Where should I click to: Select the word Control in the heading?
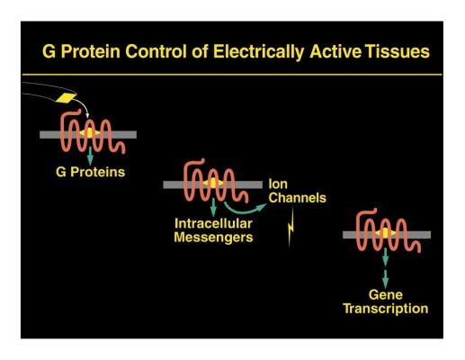pyautogui.click(x=156, y=51)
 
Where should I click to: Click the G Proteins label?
pyautogui.click(x=90, y=172)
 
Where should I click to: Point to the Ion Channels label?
pyautogui.click(x=297, y=191)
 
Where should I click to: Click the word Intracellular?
pyautogui.click(x=213, y=223)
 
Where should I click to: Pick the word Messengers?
pyautogui.click(x=213, y=238)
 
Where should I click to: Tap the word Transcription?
pyautogui.click(x=386, y=309)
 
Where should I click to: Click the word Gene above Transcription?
pyautogui.click(x=386, y=294)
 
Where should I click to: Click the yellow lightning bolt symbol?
pyautogui.click(x=291, y=228)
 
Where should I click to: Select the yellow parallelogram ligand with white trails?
pyautogui.click(x=67, y=98)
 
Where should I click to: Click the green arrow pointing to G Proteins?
pyautogui.click(x=90, y=156)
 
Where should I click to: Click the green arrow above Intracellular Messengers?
pyautogui.click(x=213, y=207)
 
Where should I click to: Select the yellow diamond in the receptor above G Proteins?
pyautogui.click(x=90, y=133)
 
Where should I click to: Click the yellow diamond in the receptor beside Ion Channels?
pyautogui.click(x=213, y=183)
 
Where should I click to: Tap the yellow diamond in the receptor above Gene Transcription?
pyautogui.click(x=385, y=233)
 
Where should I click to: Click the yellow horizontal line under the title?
pyautogui.click(x=232, y=75)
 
